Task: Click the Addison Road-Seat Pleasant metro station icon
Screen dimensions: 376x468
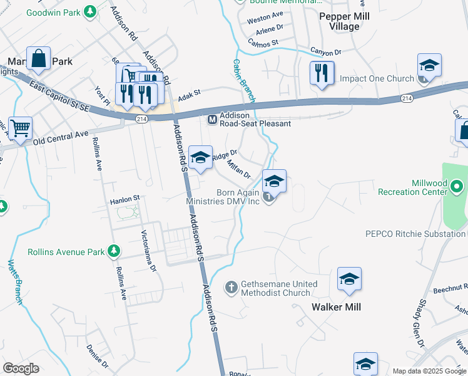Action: point(212,119)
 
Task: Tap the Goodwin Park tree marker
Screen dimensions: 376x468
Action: point(90,11)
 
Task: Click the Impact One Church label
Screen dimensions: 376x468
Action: point(377,79)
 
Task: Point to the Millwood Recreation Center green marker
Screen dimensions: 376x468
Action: point(457,186)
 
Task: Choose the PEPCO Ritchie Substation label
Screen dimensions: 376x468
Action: point(415,234)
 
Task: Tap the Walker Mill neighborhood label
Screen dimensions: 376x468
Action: point(336,307)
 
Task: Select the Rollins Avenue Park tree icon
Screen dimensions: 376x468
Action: point(113,252)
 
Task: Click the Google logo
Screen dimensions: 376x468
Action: point(21,368)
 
